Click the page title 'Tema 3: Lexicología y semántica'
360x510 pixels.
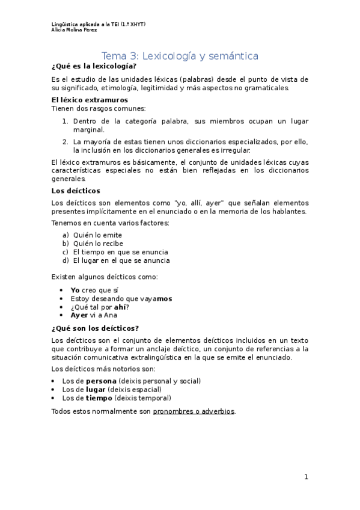click(180, 56)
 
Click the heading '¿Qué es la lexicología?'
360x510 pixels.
click(90, 67)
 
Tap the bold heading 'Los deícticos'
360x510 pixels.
click(72, 191)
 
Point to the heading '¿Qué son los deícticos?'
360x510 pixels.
click(95, 328)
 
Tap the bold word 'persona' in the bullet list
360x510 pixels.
click(101, 381)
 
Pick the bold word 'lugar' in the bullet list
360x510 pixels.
click(97, 390)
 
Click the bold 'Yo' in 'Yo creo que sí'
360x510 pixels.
click(75, 290)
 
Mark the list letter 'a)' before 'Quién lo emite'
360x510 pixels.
click(66, 235)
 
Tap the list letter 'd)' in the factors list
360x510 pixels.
click(66, 261)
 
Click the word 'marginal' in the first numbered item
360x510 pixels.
click(88, 129)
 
